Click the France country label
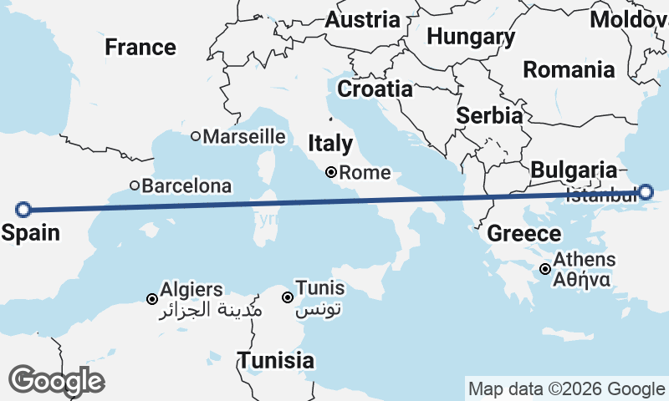[x=140, y=48]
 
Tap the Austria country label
[x=362, y=19]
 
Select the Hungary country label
[x=470, y=37]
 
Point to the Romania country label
[x=569, y=70]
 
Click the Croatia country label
[x=375, y=89]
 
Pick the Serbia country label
[x=490, y=115]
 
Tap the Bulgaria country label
[x=574, y=170]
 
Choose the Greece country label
[x=523, y=233]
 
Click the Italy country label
[x=330, y=144]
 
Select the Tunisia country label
[x=276, y=361]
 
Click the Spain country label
[x=30, y=232]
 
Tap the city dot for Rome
[x=332, y=173]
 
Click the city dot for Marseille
[x=196, y=136]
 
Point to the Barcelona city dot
[x=134, y=185]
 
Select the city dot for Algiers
[x=152, y=299]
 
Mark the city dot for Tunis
[x=287, y=297]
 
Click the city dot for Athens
[x=545, y=269]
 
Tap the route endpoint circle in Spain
[x=23, y=209]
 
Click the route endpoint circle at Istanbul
[x=646, y=192]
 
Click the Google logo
[x=56, y=381]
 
